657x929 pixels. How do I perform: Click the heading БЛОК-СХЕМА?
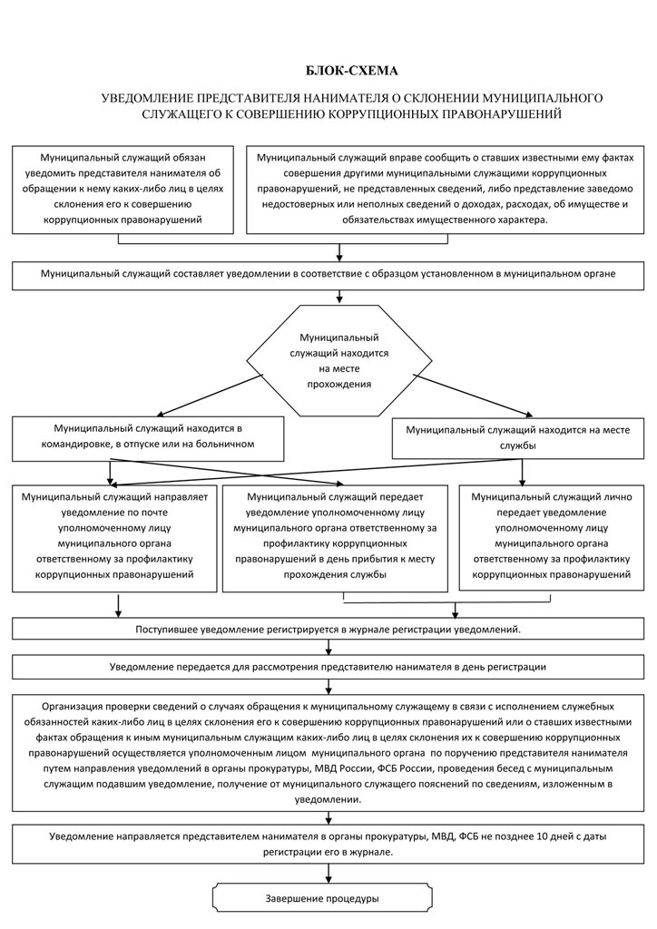(352, 71)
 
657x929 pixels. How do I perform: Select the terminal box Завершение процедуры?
(321, 898)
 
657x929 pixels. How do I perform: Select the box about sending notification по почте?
(115, 538)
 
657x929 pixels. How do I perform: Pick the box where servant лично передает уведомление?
(552, 538)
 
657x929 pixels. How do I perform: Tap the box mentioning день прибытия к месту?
(336, 538)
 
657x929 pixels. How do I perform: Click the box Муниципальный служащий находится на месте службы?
(518, 438)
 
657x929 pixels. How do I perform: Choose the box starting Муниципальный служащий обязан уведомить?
(123, 189)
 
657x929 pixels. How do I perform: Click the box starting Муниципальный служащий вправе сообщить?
(445, 189)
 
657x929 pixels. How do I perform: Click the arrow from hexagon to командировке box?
(210, 396)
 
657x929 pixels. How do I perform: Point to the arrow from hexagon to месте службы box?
(473, 396)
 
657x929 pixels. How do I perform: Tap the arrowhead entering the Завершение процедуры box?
(328, 878)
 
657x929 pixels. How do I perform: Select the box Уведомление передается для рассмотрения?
(328, 667)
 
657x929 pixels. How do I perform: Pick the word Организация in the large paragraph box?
(71, 706)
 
